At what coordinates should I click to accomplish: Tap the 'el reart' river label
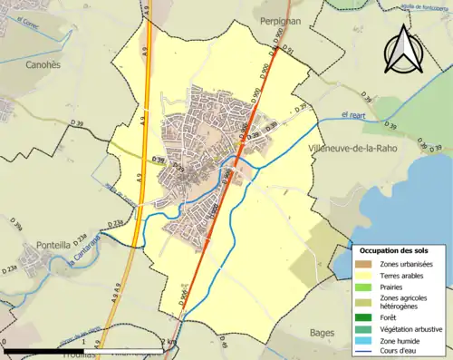tap(356, 113)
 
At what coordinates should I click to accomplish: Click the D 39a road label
tap(16, 223)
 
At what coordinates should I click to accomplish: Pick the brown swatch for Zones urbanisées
tap(363, 264)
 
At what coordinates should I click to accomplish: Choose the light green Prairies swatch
tap(363, 287)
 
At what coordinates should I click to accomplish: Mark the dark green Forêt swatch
tap(363, 318)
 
